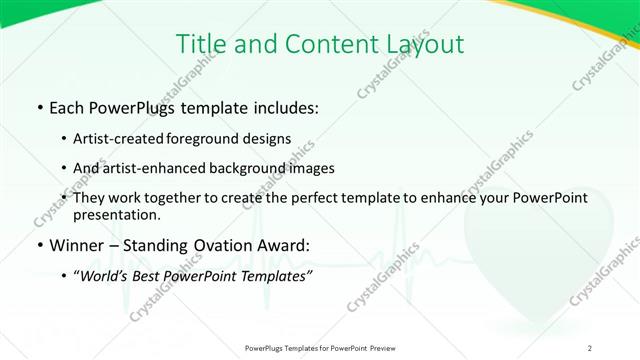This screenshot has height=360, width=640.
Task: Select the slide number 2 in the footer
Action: point(590,347)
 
